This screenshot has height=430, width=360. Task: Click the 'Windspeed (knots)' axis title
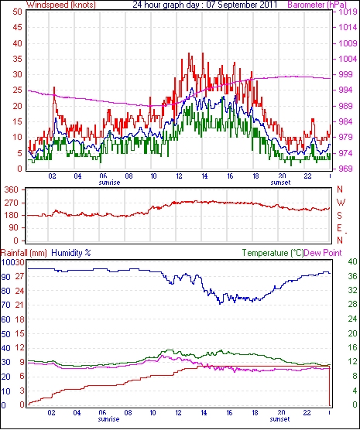[x=61, y=5]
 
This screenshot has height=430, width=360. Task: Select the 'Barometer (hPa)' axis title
[x=317, y=5]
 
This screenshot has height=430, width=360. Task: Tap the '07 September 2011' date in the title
[x=242, y=5]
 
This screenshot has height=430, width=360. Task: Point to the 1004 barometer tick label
[x=345, y=59]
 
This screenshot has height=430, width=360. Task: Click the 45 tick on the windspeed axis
[x=17, y=27]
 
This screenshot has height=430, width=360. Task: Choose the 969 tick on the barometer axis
[x=345, y=169]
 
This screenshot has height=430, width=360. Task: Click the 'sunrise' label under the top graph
[x=109, y=183]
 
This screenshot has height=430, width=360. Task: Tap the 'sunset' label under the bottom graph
[x=279, y=419]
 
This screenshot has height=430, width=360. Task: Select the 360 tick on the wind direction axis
[x=12, y=189]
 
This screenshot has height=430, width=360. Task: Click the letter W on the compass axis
[x=341, y=203]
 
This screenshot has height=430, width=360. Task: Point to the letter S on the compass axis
[x=340, y=216]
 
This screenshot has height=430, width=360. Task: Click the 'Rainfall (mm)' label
[x=24, y=253]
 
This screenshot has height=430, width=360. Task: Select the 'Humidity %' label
[x=71, y=253]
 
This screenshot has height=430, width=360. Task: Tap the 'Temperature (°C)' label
[x=273, y=253]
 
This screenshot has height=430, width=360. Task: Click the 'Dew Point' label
[x=323, y=253]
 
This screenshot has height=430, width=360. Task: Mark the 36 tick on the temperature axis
[x=352, y=276]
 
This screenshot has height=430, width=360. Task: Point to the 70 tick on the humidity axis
[x=5, y=305]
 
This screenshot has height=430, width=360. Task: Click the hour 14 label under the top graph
[x=204, y=176]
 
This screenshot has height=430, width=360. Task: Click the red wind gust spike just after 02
[x=54, y=94]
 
